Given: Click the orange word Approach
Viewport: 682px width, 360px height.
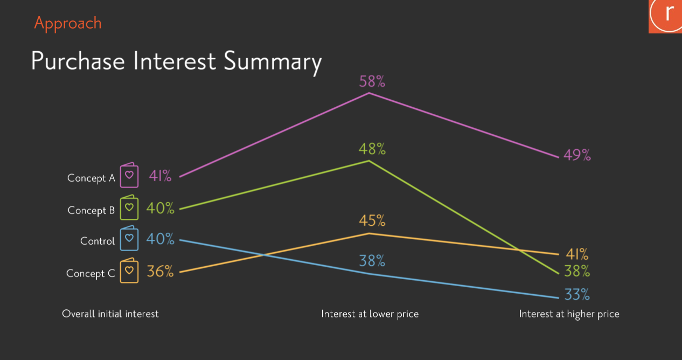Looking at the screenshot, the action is (x=67, y=24).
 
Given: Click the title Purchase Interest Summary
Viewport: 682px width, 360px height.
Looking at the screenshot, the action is (x=176, y=61).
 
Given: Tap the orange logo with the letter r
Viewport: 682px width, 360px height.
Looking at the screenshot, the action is (x=665, y=17).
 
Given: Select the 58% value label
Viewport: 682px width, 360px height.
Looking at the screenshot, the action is (x=372, y=81).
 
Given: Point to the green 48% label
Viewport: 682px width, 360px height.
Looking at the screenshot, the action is (x=372, y=149).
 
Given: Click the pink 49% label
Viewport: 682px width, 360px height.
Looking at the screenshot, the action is (x=577, y=155).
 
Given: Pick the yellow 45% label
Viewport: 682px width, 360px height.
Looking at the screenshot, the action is (x=372, y=220).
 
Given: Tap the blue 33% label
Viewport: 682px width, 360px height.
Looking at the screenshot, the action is (x=577, y=294).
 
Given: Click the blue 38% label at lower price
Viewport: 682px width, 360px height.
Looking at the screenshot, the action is (x=372, y=261).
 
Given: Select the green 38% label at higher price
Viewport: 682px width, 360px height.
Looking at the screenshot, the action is (x=577, y=271).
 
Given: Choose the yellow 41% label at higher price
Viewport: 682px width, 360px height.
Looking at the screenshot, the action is (x=577, y=254).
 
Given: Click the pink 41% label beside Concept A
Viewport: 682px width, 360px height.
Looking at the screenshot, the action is (x=160, y=176).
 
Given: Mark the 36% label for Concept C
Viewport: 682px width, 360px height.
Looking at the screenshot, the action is (x=160, y=271).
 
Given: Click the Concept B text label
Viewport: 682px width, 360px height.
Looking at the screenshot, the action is (x=91, y=211).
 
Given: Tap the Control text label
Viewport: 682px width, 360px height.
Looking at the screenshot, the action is (x=98, y=241).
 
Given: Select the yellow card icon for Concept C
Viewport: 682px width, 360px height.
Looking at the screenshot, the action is (x=129, y=271).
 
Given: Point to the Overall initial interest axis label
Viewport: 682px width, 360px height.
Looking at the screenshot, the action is (x=110, y=314).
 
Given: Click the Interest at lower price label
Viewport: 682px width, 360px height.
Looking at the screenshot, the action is (x=370, y=314).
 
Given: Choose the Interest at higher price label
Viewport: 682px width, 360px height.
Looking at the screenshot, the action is (x=569, y=314).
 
